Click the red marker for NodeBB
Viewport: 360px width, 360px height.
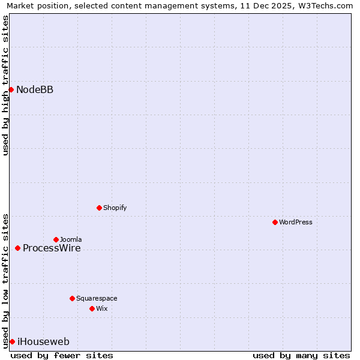point(11,89)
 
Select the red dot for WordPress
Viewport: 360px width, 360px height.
point(275,222)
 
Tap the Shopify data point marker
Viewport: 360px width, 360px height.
point(99,208)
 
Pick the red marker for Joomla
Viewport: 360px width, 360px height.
point(56,239)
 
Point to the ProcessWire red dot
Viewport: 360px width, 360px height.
point(17,248)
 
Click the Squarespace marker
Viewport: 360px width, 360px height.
point(72,298)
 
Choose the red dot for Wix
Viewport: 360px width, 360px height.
point(92,308)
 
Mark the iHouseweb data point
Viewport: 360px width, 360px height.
point(12,341)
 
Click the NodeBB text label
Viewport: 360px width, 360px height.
point(35,90)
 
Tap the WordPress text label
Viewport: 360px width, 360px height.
point(296,222)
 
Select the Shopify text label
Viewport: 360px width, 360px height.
point(115,208)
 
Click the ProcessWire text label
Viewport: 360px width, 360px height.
point(52,248)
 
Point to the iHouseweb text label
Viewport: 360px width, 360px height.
point(43,342)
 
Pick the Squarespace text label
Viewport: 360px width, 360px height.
point(97,298)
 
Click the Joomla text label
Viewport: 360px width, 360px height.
point(71,239)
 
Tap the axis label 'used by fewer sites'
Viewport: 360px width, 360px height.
point(62,355)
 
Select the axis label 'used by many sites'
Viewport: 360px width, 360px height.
point(301,355)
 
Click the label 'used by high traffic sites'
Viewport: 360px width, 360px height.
point(5,85)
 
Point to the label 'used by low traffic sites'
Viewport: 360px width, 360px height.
point(5,281)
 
